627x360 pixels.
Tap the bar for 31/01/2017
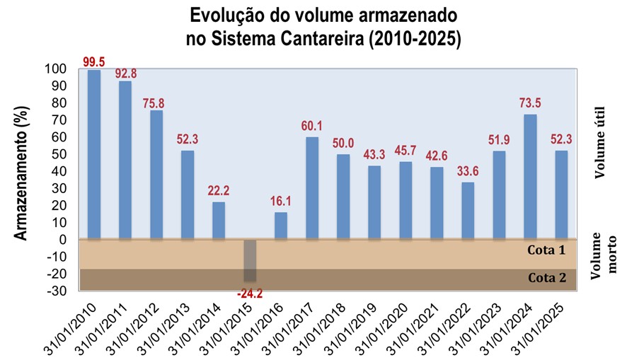point(312,188)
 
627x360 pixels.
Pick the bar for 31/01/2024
point(531,177)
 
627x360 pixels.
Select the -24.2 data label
point(250,291)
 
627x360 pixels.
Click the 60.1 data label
point(312,127)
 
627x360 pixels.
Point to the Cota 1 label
point(547,250)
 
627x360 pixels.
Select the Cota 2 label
point(547,278)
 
